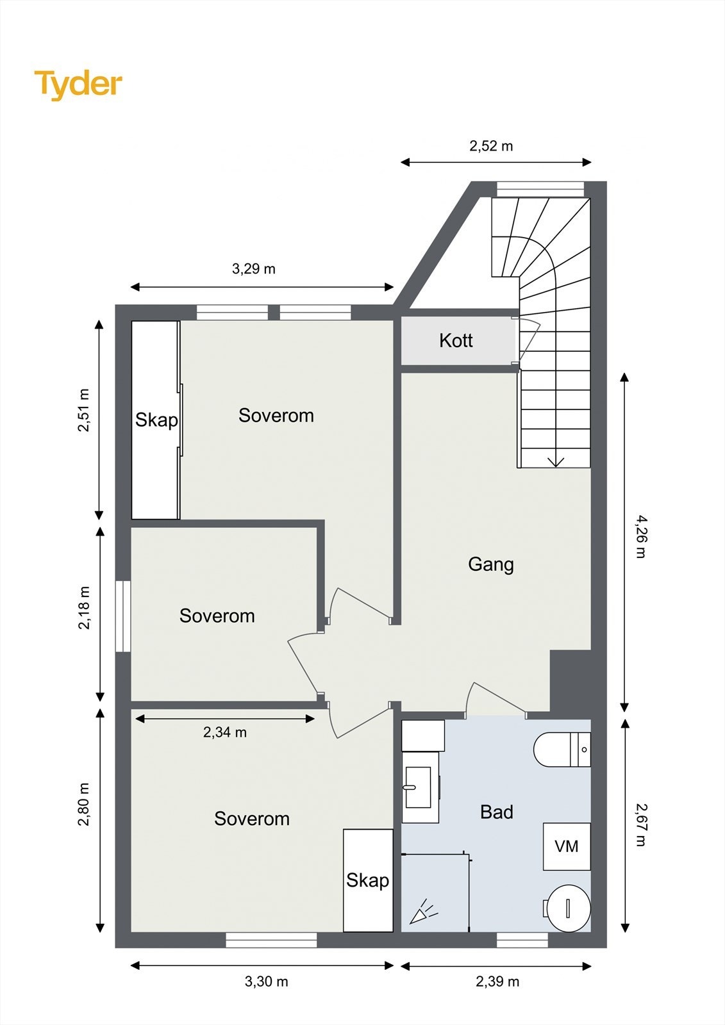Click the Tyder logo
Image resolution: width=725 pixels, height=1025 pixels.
(78, 85)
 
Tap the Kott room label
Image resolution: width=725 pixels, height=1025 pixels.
(456, 340)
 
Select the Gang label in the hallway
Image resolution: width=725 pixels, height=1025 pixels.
(490, 564)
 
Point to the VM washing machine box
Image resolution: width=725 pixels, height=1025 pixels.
(567, 846)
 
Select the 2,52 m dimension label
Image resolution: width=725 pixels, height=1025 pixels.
(491, 147)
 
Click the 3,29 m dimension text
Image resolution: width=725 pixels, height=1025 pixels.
(253, 269)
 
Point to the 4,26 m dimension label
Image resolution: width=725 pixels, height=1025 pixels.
(640, 537)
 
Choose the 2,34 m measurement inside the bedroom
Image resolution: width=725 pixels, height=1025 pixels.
(225, 733)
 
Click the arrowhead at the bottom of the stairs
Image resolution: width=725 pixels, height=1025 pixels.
(556, 462)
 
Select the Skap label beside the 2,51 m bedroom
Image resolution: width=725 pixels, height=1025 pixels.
(156, 420)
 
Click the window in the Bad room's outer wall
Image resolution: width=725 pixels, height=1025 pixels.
(522, 940)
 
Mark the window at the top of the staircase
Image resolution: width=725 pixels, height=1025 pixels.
(540, 190)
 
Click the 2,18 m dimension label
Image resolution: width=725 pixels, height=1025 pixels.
(85, 608)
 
